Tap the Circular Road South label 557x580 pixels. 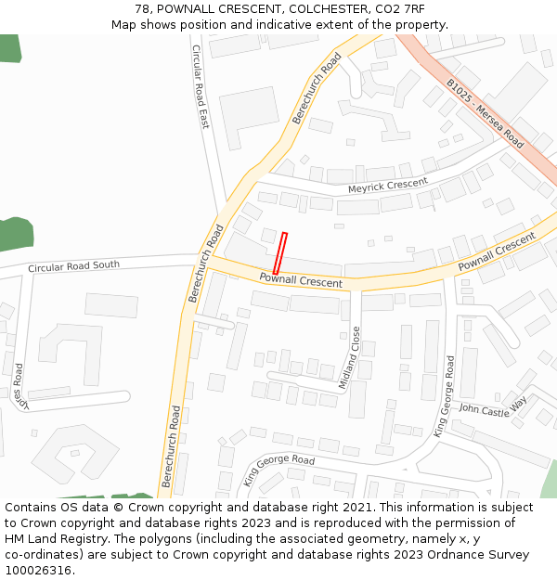73,266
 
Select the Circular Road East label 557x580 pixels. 201,86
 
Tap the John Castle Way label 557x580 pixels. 492,406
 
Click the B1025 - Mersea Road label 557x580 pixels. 485,113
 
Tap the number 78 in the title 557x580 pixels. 142,8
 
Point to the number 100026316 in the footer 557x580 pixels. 38,571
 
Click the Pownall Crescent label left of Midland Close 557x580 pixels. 300,280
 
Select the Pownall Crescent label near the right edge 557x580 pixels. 497,252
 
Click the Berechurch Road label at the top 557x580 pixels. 317,88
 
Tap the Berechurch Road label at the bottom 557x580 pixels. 170,445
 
